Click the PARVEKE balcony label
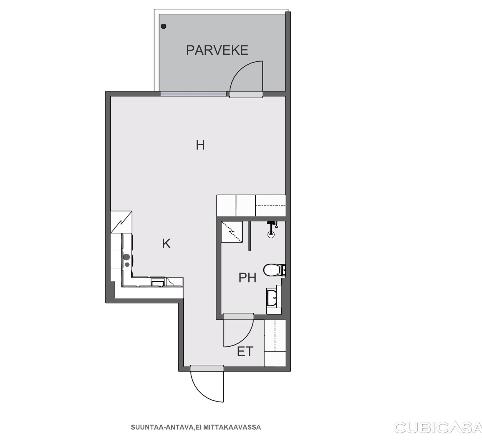pos(217,50)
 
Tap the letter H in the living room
pos(200,145)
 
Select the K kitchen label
pos(166,244)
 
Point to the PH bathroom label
pos(248,277)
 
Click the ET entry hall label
pos(245,351)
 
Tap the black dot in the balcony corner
pos(164,26)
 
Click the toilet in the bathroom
pos(274,270)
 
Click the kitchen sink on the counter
pos(158,282)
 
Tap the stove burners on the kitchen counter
pos(127,260)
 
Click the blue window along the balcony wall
pos(193,94)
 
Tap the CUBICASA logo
pos(438,427)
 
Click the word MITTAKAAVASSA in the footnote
pos(232,427)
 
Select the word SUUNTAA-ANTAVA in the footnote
pos(162,427)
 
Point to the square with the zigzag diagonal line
pos(121,222)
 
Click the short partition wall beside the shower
pos(250,236)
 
